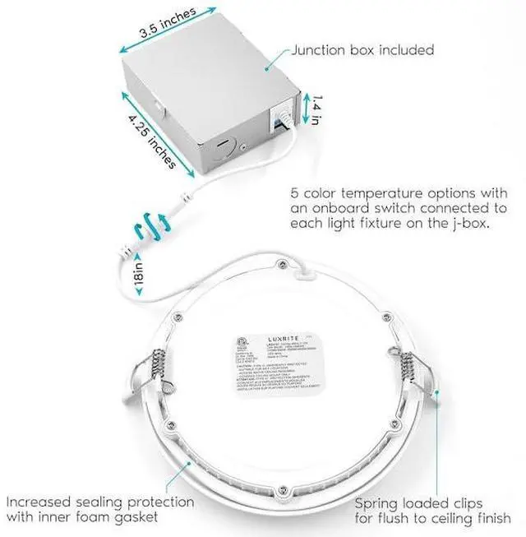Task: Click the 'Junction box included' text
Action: coord(362,50)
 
